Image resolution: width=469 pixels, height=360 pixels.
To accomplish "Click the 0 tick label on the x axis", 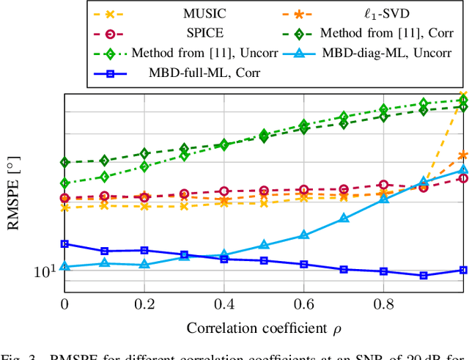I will (64, 304).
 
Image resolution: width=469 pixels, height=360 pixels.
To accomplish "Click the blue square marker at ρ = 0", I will (64, 244).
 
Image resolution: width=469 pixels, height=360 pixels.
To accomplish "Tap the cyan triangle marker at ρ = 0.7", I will (344, 218).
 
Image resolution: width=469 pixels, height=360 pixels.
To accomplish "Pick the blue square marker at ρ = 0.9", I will (424, 276).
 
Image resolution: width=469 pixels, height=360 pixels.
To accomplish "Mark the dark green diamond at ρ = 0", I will (64, 162).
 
